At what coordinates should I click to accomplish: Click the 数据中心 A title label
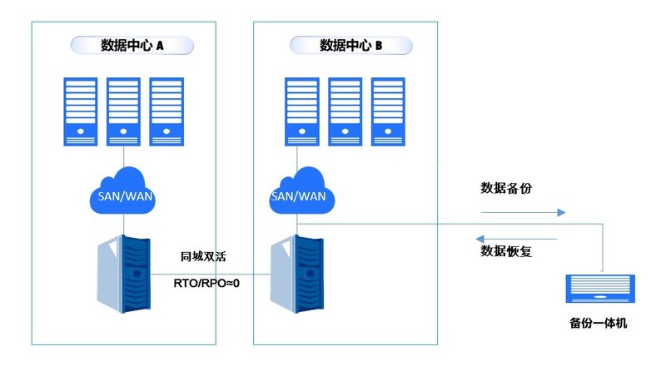pos(132,46)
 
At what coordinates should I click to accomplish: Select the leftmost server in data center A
pos(80,111)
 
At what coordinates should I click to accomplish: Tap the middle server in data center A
pos(123,111)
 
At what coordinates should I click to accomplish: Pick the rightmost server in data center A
pos(166,111)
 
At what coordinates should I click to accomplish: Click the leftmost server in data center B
pos(301,111)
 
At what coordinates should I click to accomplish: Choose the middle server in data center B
pos(345,111)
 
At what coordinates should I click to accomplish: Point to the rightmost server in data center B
pos(388,111)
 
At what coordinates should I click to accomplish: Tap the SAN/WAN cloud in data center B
pos(298,192)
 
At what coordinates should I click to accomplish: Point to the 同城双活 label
pos(204,258)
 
